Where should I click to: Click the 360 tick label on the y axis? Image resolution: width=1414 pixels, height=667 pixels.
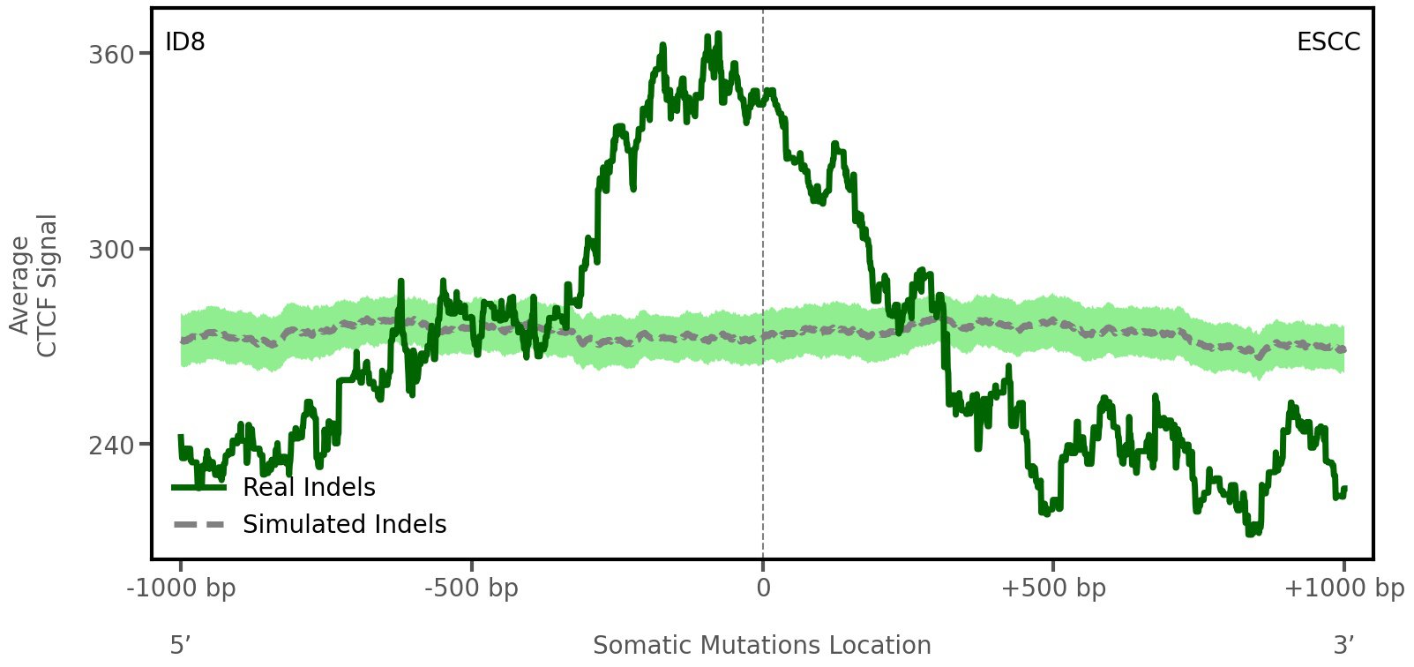pyautogui.click(x=111, y=55)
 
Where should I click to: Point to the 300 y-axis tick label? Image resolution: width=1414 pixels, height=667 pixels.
pyautogui.click(x=111, y=250)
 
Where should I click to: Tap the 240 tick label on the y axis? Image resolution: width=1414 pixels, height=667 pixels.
pyautogui.click(x=111, y=445)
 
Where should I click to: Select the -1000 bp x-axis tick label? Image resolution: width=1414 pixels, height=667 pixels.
pyautogui.click(x=182, y=588)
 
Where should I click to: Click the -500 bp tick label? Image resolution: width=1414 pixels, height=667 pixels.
pyautogui.click(x=472, y=588)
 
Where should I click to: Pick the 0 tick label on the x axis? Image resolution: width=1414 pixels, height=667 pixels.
pyautogui.click(x=763, y=588)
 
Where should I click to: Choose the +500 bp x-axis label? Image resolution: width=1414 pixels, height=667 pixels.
pyautogui.click(x=1053, y=588)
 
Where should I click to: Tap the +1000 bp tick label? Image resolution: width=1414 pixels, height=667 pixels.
pyautogui.click(x=1343, y=588)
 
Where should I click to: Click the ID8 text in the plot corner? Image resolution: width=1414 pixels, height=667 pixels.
pyautogui.click(x=185, y=42)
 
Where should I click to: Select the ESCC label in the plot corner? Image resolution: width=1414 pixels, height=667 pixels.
pyautogui.click(x=1328, y=42)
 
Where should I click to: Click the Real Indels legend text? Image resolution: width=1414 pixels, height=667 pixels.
pyautogui.click(x=309, y=488)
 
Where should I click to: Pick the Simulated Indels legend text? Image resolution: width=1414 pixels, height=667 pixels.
pyautogui.click(x=344, y=525)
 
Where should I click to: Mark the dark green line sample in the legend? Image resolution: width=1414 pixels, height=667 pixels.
pyautogui.click(x=199, y=487)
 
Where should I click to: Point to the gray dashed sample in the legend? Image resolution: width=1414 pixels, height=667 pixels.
pyautogui.click(x=199, y=525)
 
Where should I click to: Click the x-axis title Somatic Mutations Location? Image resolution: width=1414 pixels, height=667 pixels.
pyautogui.click(x=762, y=646)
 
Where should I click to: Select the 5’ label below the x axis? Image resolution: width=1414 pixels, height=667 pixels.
pyautogui.click(x=181, y=646)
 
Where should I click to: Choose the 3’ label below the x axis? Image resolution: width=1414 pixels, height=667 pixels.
pyautogui.click(x=1343, y=646)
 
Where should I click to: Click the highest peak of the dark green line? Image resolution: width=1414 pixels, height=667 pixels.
pyautogui.click(x=718, y=34)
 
